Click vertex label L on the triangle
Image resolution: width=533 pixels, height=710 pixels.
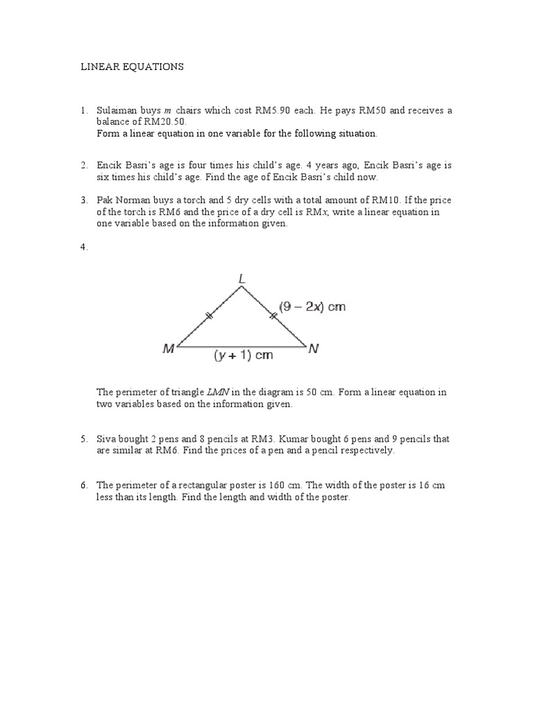coord(242,279)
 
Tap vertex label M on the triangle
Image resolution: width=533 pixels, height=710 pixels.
coord(169,350)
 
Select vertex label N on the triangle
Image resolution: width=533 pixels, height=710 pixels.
coord(314,349)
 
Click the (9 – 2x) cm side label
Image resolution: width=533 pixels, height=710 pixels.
coord(312,306)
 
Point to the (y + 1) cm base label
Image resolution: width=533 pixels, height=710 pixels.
coord(243,356)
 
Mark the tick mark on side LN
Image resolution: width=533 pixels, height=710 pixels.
coord(273,316)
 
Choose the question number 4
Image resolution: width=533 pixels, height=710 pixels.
coord(83,248)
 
